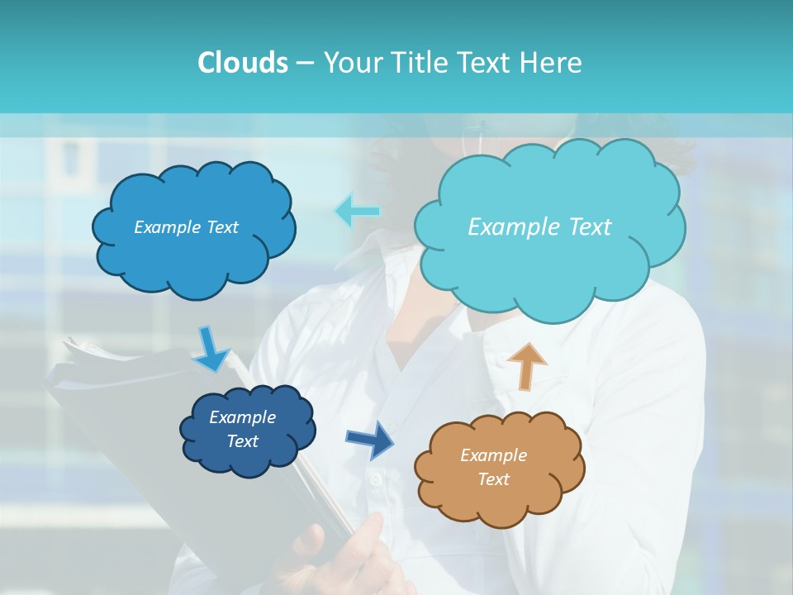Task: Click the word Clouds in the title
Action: click(242, 63)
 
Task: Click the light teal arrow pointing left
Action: click(357, 211)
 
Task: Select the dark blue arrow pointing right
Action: click(370, 440)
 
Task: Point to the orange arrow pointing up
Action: click(526, 366)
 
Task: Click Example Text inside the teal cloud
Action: click(539, 227)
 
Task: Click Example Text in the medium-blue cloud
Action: click(186, 227)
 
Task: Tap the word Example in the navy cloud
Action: click(242, 417)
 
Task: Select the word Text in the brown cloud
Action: click(493, 479)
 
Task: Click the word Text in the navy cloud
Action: click(242, 441)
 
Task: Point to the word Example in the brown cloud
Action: click(493, 455)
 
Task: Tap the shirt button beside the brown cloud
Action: click(375, 479)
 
